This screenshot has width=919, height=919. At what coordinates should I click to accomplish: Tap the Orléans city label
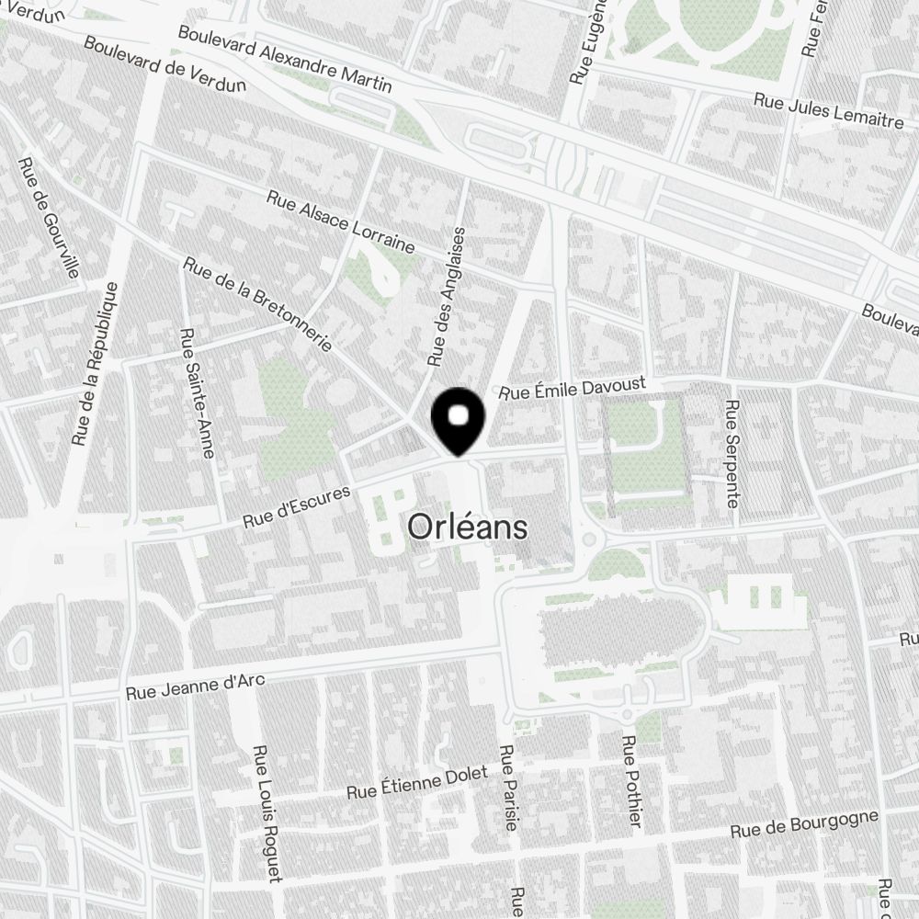(x=468, y=528)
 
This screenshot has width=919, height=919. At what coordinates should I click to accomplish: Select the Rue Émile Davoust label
(x=573, y=388)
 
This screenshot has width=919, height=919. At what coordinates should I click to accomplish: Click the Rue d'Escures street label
(x=297, y=506)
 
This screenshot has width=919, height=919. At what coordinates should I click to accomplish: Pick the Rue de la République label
(x=95, y=364)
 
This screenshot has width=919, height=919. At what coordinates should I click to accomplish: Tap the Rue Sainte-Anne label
(x=197, y=392)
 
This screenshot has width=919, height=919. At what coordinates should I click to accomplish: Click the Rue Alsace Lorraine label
(x=341, y=221)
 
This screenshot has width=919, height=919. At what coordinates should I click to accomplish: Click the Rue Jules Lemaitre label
(x=828, y=110)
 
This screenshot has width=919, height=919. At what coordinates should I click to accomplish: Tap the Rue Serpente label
(x=732, y=453)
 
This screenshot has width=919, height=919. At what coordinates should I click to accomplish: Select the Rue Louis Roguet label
(x=267, y=812)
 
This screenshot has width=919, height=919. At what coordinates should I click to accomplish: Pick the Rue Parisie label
(x=507, y=789)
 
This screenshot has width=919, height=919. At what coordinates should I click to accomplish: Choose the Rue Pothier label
(x=631, y=780)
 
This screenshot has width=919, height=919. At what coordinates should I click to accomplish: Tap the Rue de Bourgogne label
(x=804, y=823)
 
